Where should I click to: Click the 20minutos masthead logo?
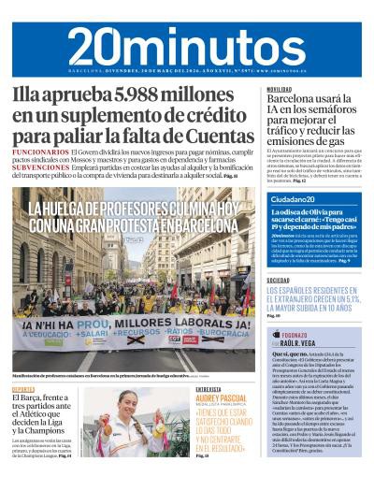pyautogui.click(x=187, y=44)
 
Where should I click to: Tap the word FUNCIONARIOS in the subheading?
pyautogui.click(x=41, y=151)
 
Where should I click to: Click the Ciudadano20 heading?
pyautogui.click(x=291, y=200)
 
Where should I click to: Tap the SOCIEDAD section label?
pyautogui.click(x=279, y=280)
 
